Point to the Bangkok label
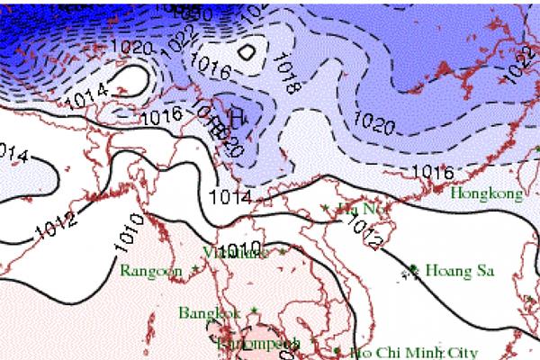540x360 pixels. click(210, 313)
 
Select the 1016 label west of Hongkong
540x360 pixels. click(431, 171)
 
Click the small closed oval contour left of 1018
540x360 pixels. click(245, 50)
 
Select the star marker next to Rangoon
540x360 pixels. click(193, 268)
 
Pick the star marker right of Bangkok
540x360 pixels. click(253, 310)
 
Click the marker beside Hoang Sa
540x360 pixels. click(413, 268)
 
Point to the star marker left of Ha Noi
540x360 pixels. click(325, 209)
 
